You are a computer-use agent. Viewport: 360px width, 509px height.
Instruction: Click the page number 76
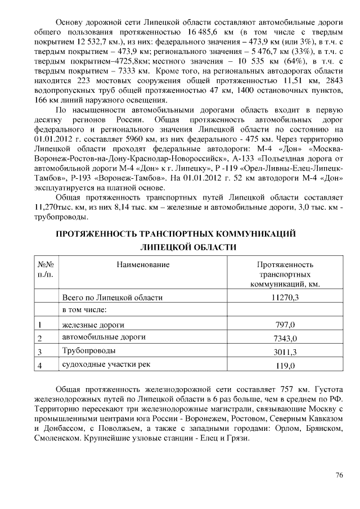[x=339, y=475]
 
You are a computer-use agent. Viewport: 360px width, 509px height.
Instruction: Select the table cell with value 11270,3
[x=285, y=297]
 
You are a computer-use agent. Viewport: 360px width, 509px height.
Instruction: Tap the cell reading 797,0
[x=285, y=325]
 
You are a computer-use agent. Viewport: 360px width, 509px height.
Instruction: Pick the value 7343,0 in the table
[x=285, y=338]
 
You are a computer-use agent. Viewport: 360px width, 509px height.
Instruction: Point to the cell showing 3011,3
[x=285, y=352]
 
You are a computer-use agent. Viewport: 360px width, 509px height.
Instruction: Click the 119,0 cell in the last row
[x=285, y=366]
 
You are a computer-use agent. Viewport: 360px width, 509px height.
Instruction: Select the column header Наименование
[x=143, y=264]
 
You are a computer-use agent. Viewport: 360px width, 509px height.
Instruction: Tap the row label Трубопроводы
[x=89, y=351]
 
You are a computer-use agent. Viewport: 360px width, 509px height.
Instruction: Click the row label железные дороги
[x=93, y=324]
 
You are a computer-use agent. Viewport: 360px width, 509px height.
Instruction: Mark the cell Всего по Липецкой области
[x=112, y=297]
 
